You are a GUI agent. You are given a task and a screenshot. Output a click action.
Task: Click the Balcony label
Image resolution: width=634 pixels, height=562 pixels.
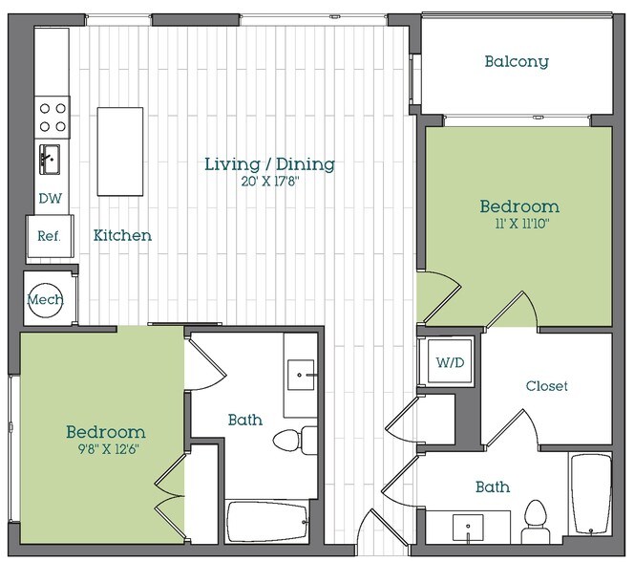pyautogui.click(x=516, y=62)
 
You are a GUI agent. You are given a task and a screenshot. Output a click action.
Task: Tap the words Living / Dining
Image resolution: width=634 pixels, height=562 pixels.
pyautogui.click(x=269, y=164)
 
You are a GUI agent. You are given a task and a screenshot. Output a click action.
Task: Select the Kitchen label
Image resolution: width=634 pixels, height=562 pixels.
pyautogui.click(x=122, y=235)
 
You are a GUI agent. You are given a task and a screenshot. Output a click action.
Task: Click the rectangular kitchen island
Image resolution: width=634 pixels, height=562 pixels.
pyautogui.click(x=120, y=151)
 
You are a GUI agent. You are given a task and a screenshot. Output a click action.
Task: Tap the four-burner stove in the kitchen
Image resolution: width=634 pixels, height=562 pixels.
pyautogui.click(x=53, y=116)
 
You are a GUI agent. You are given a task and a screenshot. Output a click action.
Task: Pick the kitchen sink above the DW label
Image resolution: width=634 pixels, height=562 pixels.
pyautogui.click(x=48, y=159)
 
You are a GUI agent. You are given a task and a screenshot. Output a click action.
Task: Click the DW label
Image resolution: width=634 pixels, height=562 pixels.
pyautogui.click(x=50, y=199)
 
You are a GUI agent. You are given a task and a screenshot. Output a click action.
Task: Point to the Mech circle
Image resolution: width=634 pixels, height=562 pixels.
pyautogui.click(x=45, y=299)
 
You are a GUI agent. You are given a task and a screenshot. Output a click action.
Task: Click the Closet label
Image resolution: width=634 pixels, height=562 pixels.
pyautogui.click(x=546, y=386)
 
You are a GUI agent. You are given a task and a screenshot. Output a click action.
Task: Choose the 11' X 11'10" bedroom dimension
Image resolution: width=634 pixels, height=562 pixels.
pyautogui.click(x=518, y=225)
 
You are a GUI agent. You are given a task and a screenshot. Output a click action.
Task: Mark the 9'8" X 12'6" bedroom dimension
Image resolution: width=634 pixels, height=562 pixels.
pyautogui.click(x=105, y=451)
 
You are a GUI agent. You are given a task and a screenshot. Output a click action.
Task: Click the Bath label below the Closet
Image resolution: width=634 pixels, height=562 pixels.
pyautogui.click(x=492, y=487)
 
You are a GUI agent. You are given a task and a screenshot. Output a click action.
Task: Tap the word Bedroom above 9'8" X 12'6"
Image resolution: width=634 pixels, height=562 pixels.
pyautogui.click(x=105, y=432)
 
